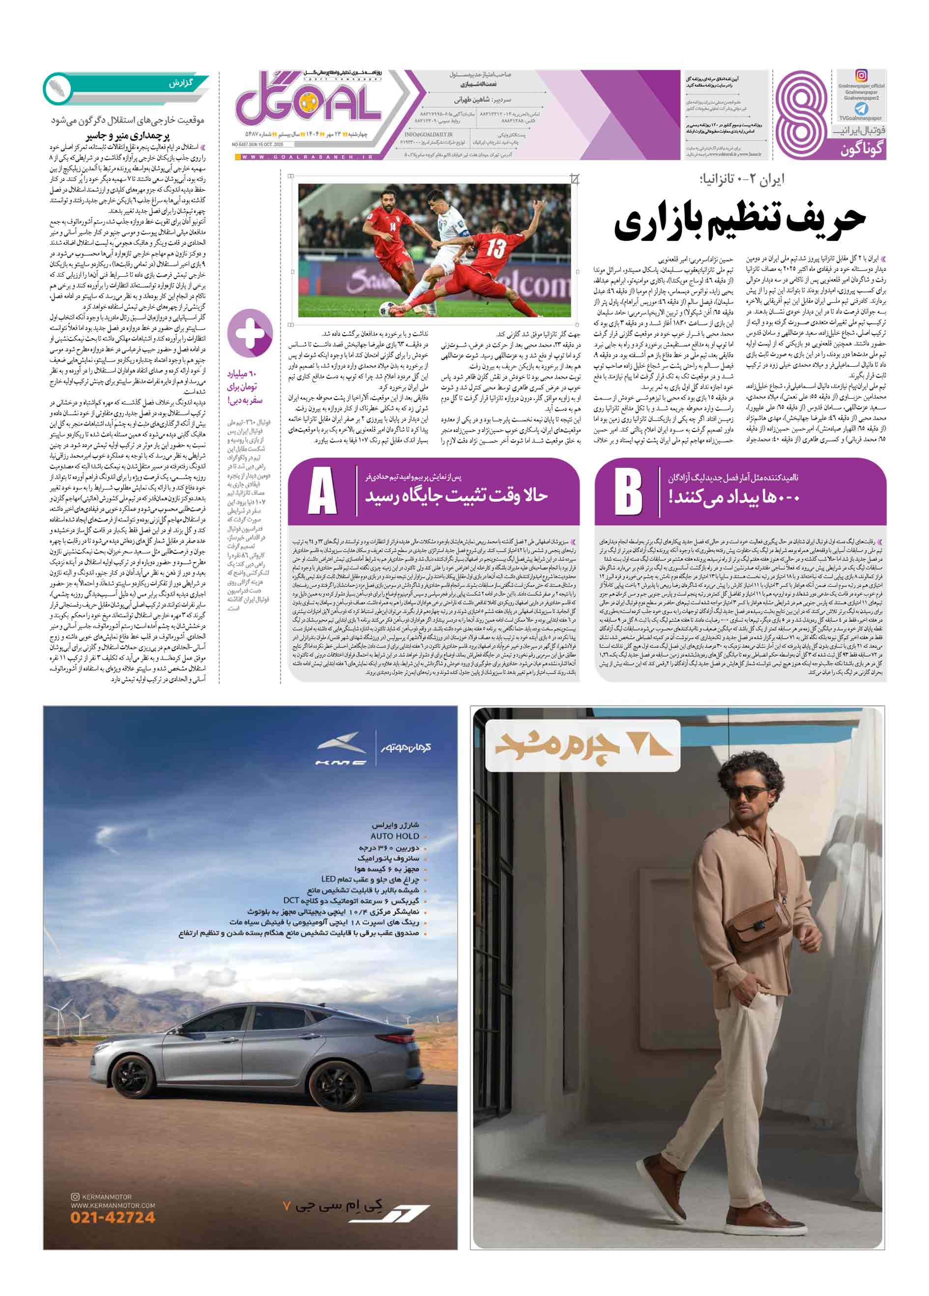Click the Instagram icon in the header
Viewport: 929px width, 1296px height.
[x=861, y=75]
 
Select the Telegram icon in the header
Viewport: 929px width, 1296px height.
[x=861, y=109]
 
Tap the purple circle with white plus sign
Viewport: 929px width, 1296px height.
[x=250, y=333]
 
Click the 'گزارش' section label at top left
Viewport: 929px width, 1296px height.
[x=180, y=84]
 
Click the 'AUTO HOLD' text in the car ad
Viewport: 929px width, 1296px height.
[x=395, y=836]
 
